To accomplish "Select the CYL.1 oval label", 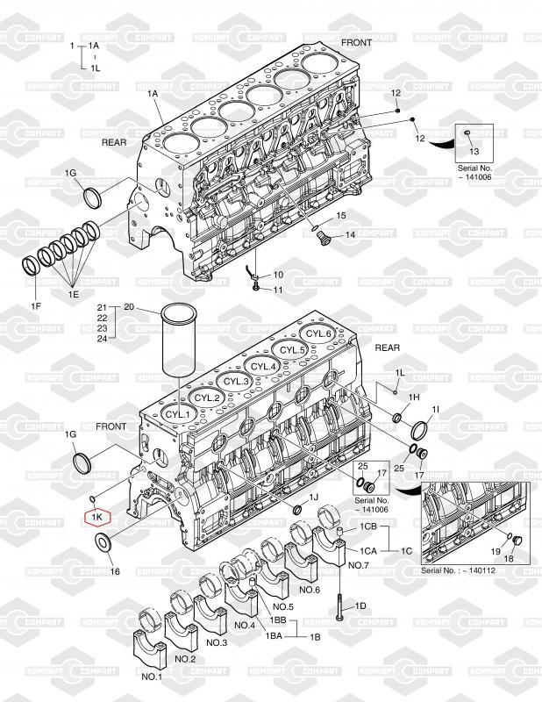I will point(178,413).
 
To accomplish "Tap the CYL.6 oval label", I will point(317,334).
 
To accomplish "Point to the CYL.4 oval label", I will point(264,366).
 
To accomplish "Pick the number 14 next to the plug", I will point(349,234).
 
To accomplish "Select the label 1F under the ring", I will point(36,306).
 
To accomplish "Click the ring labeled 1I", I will point(419,430).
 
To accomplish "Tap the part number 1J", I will point(313,498).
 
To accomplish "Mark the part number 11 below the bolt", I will point(277,290).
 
